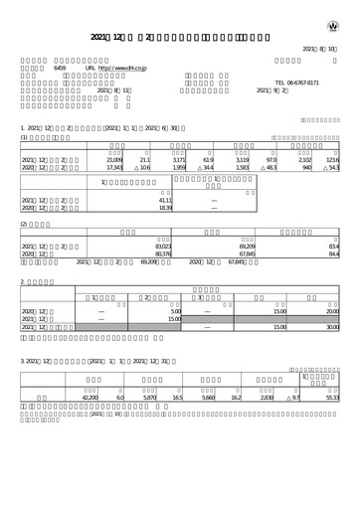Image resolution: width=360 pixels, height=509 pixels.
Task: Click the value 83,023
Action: (165, 245)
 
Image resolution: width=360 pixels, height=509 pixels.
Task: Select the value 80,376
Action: (165, 253)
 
